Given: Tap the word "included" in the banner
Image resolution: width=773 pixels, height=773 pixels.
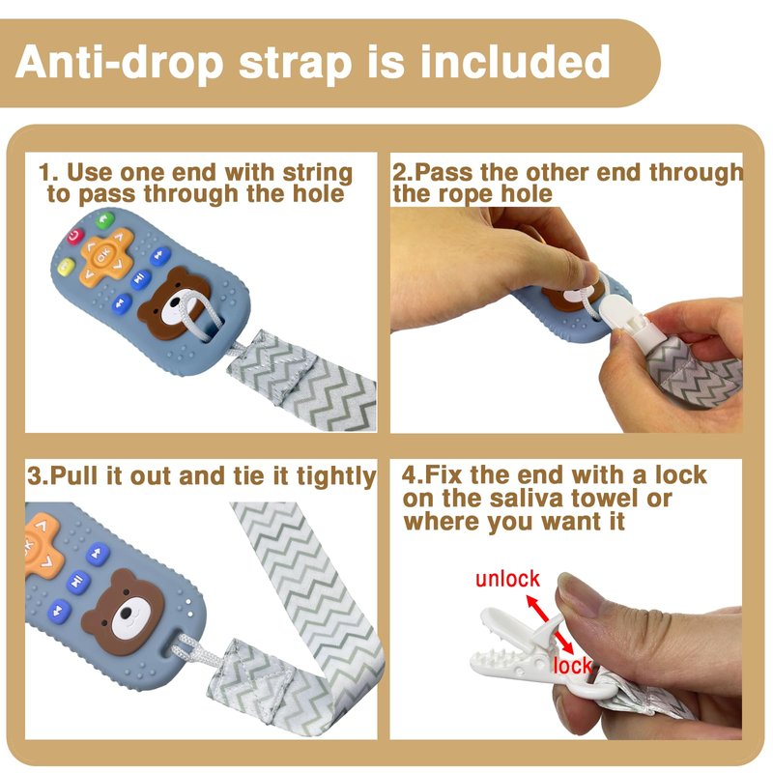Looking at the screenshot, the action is point(515,62).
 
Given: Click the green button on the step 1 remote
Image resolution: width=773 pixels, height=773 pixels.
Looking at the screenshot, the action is point(104,219).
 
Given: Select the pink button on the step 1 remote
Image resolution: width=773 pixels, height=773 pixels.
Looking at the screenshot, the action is point(75,236).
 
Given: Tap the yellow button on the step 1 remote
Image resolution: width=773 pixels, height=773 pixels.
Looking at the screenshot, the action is point(66,268).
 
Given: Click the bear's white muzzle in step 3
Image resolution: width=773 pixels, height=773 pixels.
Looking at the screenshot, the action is point(129,616).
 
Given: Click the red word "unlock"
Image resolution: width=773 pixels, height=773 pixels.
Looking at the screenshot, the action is point(507,579).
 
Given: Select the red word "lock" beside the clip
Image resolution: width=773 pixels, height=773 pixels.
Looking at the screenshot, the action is point(572,666).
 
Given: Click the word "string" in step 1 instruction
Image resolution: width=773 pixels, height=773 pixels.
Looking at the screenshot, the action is point(318,174).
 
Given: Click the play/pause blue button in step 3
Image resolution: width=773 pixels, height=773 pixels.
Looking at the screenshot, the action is point(78,582).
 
